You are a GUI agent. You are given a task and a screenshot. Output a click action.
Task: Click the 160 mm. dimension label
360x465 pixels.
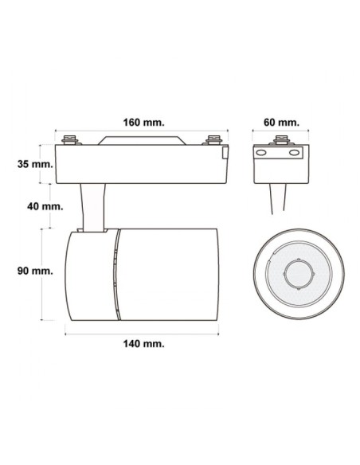coord(143,123)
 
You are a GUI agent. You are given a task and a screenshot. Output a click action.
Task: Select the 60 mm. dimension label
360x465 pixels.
coord(281,123)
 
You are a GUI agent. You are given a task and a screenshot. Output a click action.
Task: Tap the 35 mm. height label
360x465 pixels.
coord(35,165)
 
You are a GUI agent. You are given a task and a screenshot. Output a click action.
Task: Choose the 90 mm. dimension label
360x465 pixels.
coord(35,270)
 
